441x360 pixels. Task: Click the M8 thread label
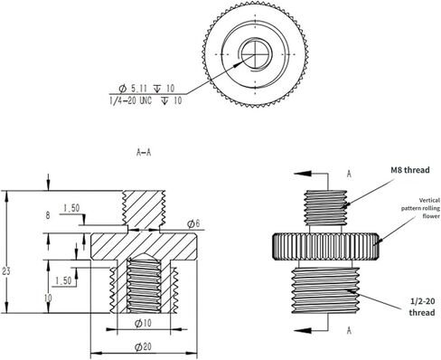pos(410,170)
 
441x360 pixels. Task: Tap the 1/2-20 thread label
pos(422,307)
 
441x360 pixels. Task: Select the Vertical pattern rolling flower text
pos(420,208)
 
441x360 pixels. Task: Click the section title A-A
pos(144,153)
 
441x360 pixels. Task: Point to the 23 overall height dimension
pos(6,271)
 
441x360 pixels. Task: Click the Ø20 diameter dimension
pos(143,347)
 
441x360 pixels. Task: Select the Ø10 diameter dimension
pos(143,324)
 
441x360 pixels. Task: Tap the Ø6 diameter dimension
pos(193,223)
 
